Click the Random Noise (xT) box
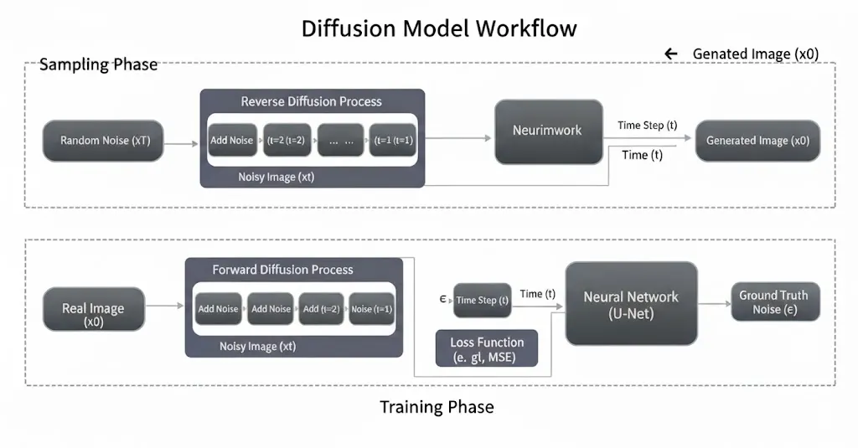click(x=103, y=141)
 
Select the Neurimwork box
click(x=549, y=131)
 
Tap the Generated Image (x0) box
click(x=757, y=141)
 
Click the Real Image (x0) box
click(x=94, y=309)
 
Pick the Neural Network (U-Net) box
click(x=632, y=304)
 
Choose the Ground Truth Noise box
click(x=775, y=302)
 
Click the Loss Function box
click(x=487, y=348)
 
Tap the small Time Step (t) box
click(x=482, y=301)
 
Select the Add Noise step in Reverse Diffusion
click(x=232, y=140)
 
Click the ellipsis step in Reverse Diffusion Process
click(x=340, y=140)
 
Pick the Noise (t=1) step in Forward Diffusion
click(x=371, y=308)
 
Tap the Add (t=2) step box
click(x=321, y=308)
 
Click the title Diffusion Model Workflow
click(x=439, y=28)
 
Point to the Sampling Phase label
click(x=99, y=64)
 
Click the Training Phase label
click(x=437, y=407)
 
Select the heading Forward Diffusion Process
click(x=283, y=270)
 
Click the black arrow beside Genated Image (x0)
click(x=671, y=54)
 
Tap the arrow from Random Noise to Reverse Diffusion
click(x=181, y=143)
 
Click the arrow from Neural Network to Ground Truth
click(x=715, y=304)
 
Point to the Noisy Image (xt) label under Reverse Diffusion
click(x=277, y=178)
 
